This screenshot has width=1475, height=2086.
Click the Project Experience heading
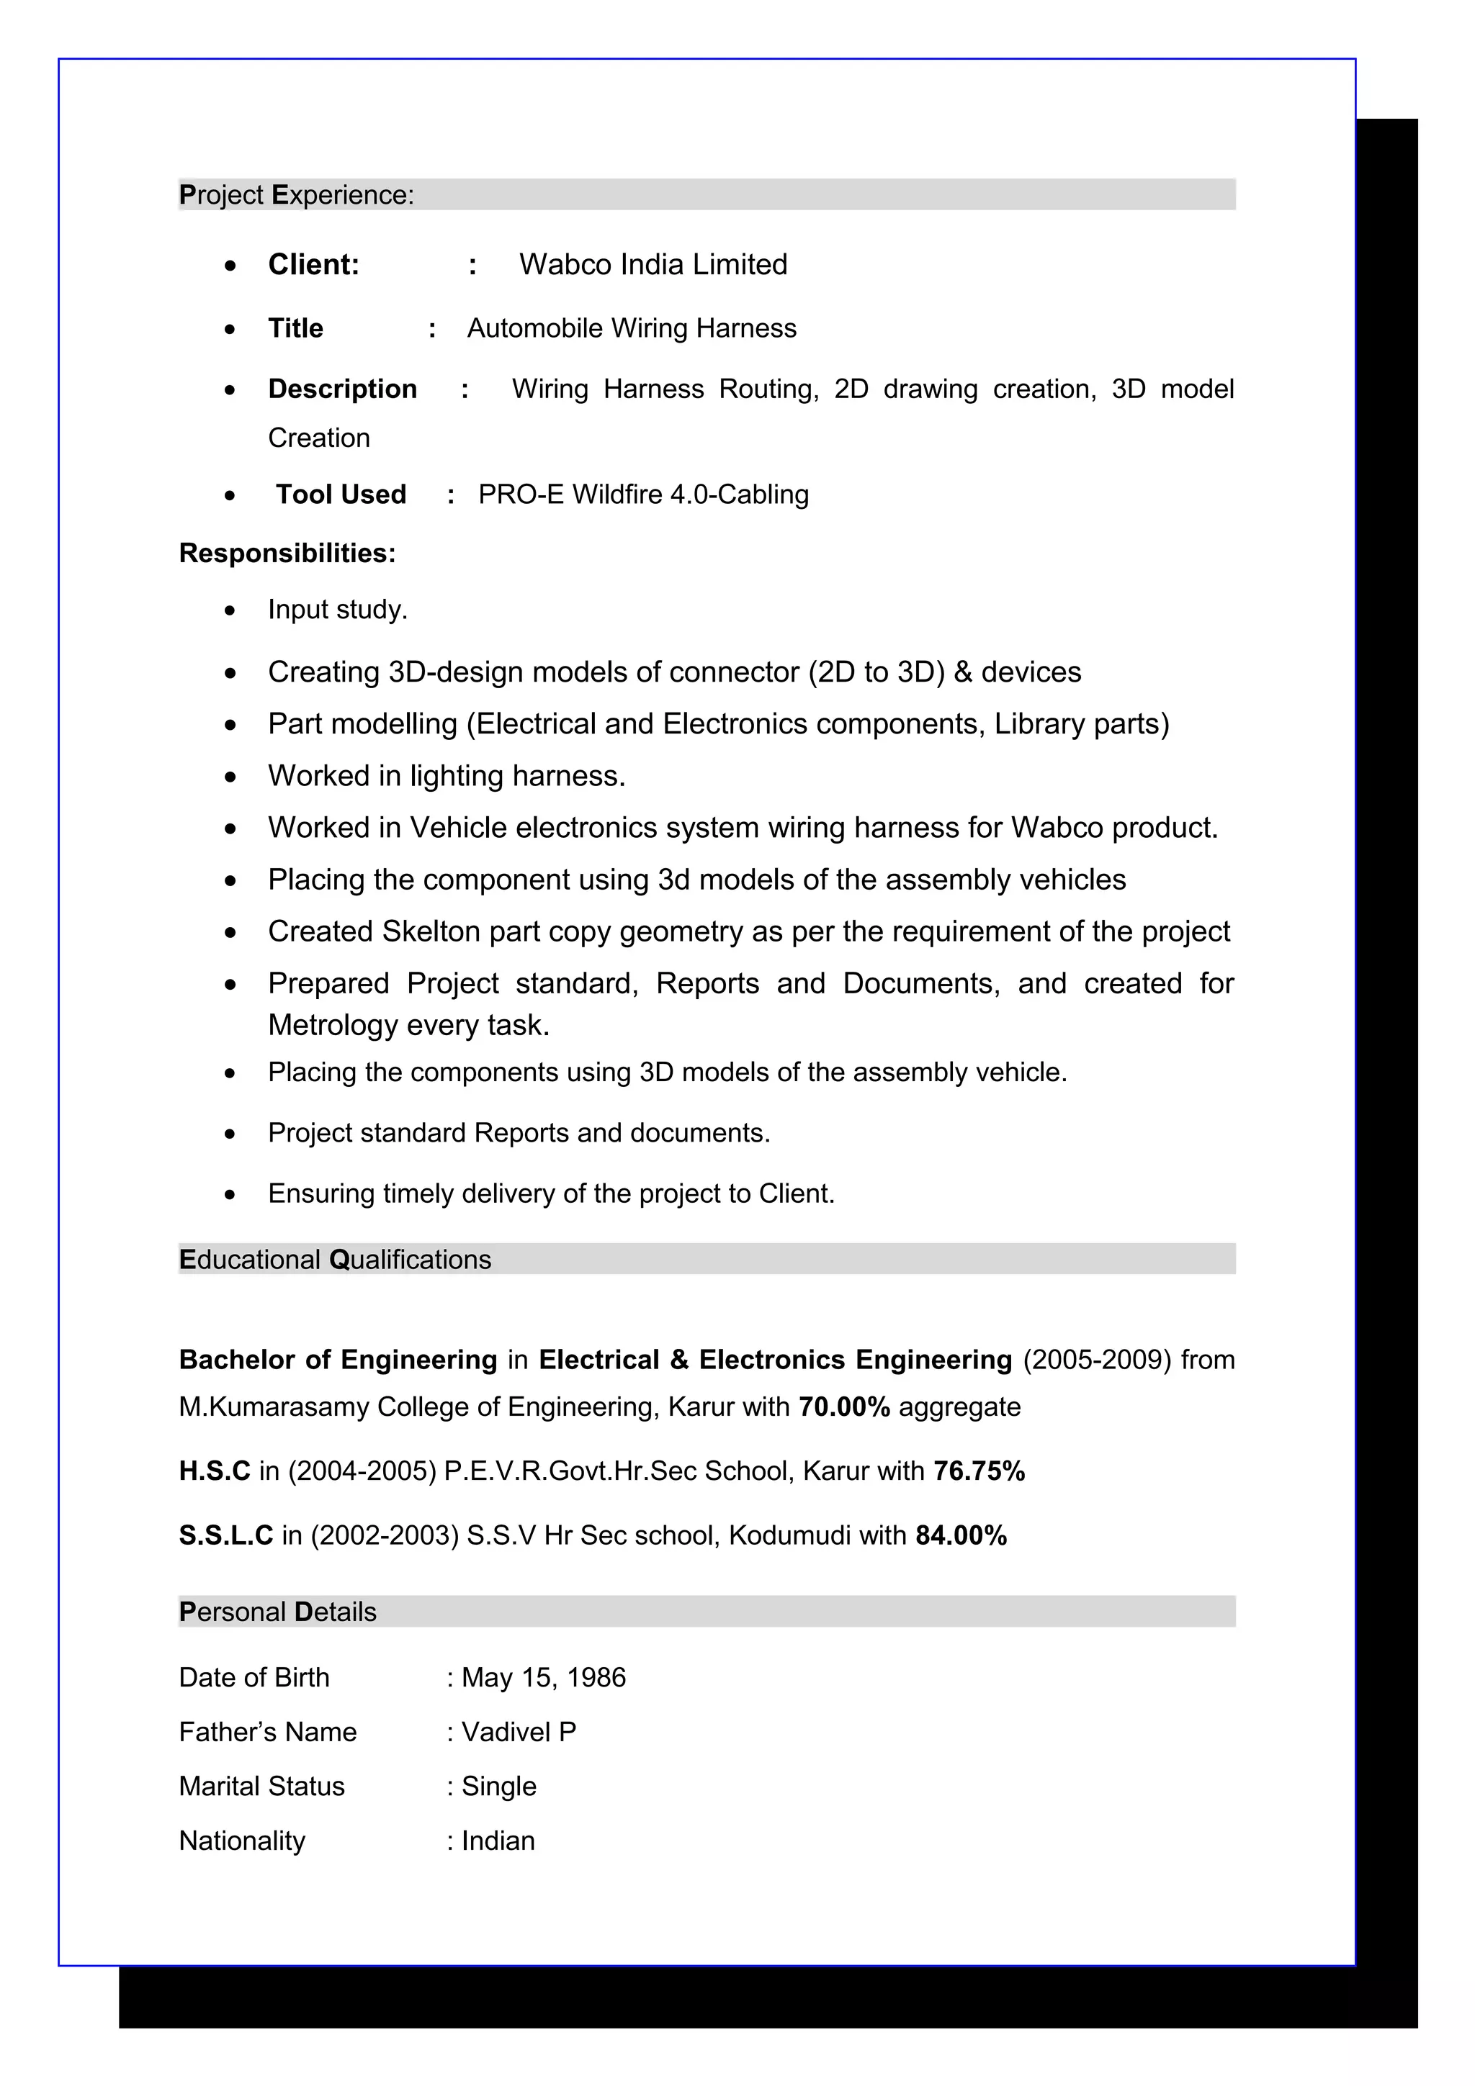pyautogui.click(x=296, y=194)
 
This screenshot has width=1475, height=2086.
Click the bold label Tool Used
pyautogui.click(x=341, y=495)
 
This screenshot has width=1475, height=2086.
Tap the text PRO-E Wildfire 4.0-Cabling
pyautogui.click(x=642, y=495)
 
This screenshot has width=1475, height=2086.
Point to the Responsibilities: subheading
pyautogui.click(x=287, y=554)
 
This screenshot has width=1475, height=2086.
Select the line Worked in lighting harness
pyautogui.click(x=447, y=776)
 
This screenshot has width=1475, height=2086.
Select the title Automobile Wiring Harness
pyautogui.click(x=631, y=328)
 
